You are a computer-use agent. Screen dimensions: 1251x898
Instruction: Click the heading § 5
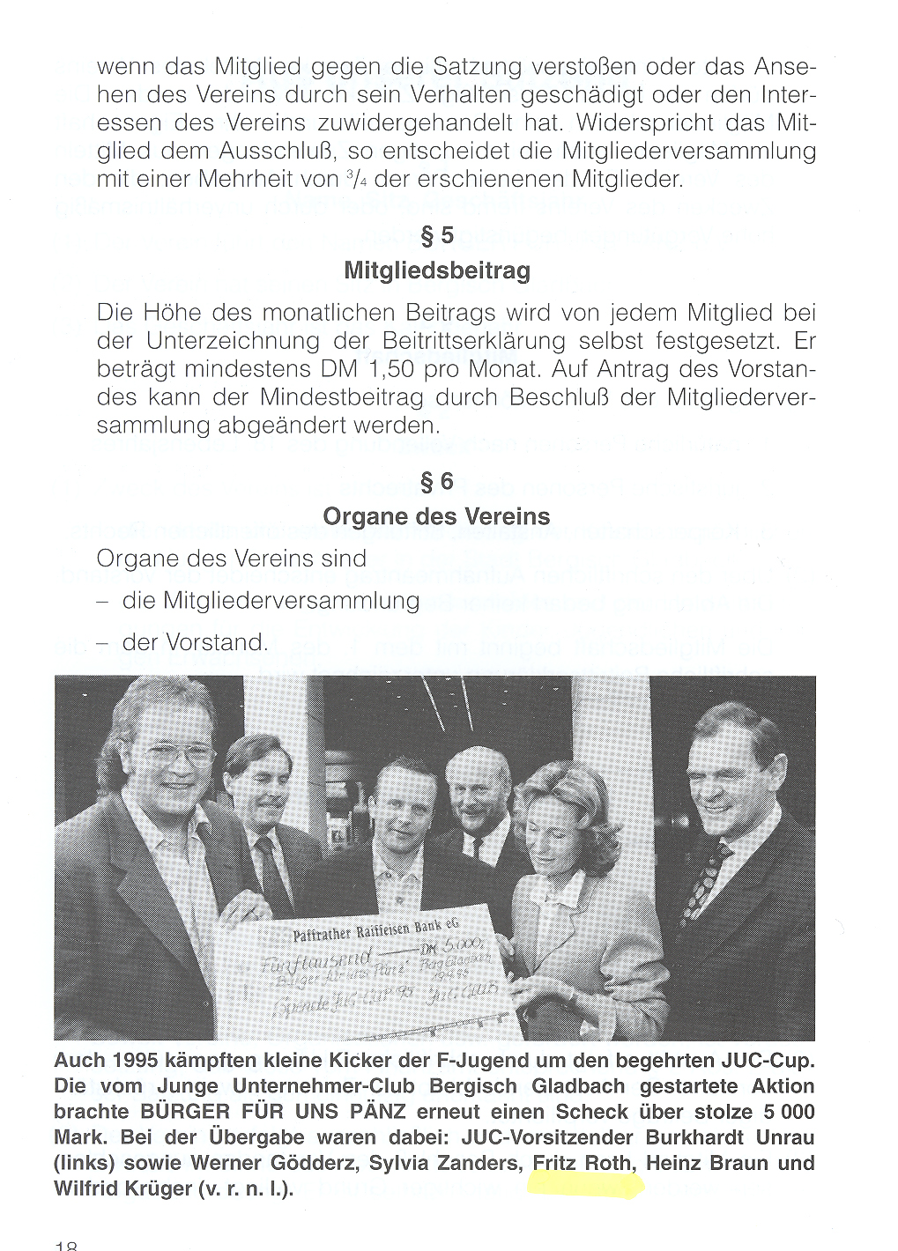(437, 235)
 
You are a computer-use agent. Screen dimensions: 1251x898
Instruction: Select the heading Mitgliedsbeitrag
(437, 270)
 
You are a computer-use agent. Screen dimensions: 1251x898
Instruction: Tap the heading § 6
(437, 481)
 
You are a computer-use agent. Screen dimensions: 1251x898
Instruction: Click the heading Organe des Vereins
(437, 516)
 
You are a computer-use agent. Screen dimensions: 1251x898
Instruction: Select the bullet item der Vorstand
(195, 643)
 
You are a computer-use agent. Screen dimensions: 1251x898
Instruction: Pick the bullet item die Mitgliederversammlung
(271, 601)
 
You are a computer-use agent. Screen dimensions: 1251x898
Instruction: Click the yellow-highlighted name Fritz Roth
(583, 1164)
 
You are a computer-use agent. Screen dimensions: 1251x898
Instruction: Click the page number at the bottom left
(66, 1245)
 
